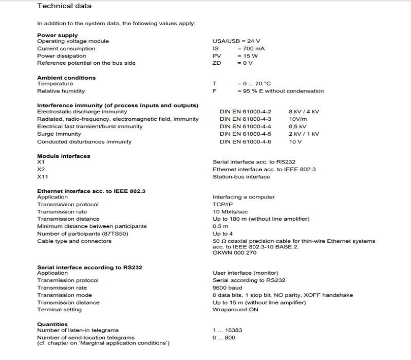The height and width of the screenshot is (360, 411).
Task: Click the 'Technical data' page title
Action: tap(64, 6)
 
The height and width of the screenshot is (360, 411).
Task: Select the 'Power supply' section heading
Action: tap(58, 35)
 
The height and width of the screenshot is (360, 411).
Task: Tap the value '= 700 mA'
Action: tap(251, 48)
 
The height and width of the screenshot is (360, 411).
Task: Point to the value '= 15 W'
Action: tap(248, 56)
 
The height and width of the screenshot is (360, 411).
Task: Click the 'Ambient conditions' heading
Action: tap(66, 78)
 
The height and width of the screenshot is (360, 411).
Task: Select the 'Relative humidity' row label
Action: tap(61, 91)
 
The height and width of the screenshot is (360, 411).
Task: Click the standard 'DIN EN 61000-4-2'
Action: tap(246, 112)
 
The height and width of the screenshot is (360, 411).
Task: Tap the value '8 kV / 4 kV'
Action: tap(304, 112)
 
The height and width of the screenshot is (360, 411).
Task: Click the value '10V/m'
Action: tap(298, 119)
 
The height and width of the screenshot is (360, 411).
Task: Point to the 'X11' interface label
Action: tap(43, 176)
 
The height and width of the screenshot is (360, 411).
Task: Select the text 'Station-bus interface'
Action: tap(241, 176)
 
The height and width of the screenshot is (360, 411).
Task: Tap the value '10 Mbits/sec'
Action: tap(230, 211)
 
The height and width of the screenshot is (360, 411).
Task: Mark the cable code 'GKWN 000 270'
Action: tap(234, 253)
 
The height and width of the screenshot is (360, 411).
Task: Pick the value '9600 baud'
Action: tap(227, 287)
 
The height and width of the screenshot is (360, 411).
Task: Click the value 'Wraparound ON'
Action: tap(235, 310)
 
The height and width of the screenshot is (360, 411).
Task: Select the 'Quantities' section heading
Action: tap(52, 324)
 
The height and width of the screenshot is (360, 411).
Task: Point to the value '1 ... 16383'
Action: tap(227, 330)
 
